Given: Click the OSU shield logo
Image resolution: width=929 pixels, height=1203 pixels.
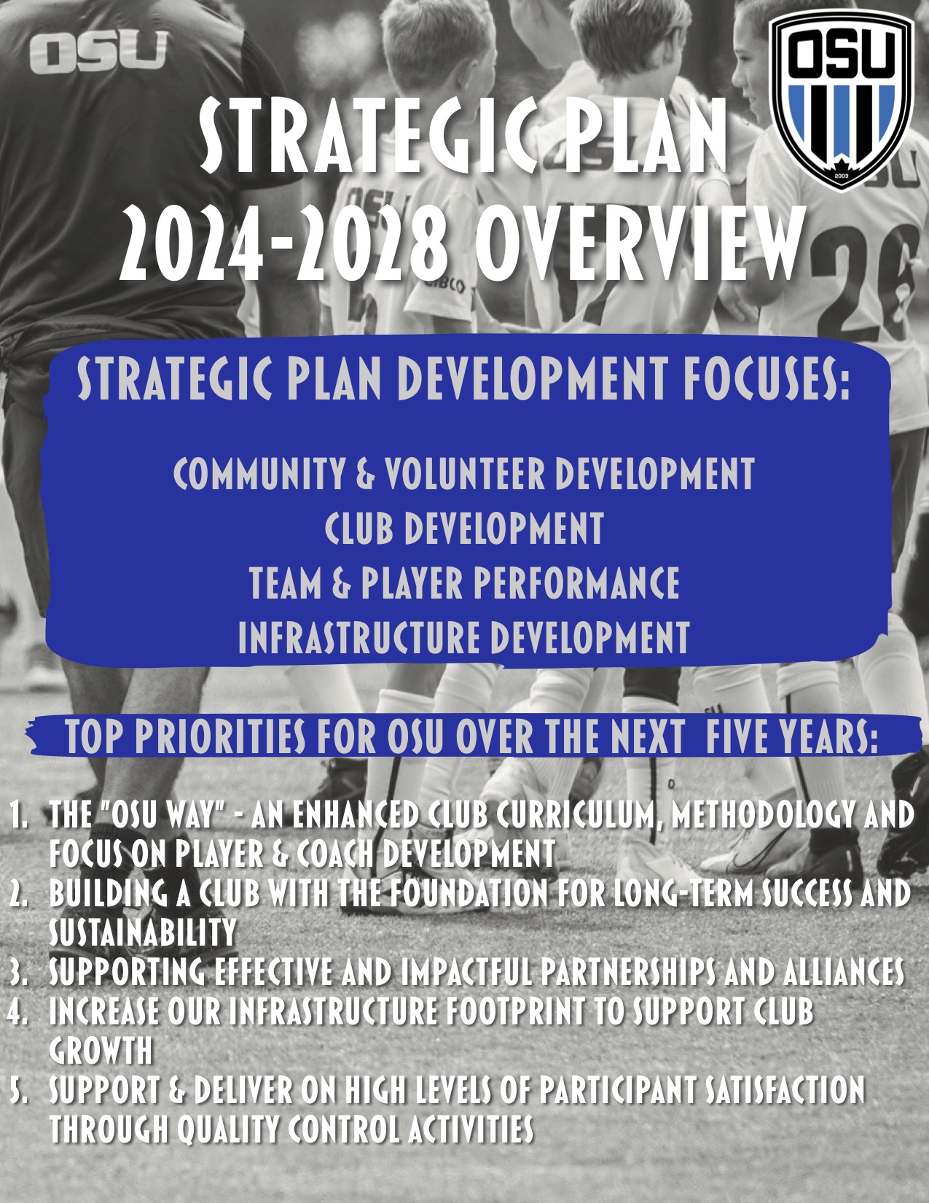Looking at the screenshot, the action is pos(841,101).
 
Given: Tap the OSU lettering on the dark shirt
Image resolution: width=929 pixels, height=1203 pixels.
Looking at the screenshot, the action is pos(98,52).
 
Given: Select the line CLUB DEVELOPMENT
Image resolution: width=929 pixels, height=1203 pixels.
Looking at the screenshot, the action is pos(463,528).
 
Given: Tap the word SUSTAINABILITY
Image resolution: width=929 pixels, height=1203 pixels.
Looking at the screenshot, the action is pos(143,933).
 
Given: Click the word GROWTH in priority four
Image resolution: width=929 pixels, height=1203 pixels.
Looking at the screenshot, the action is pos(101,1051).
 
